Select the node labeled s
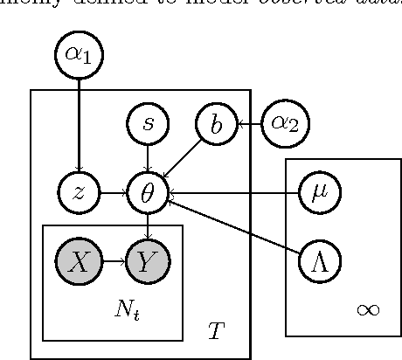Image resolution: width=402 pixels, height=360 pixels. pyautogui.click(x=148, y=125)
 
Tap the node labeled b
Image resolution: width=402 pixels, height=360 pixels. pyautogui.click(x=216, y=125)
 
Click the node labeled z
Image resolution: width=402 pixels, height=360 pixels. pyautogui.click(x=79, y=193)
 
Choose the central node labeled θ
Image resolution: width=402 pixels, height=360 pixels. pyautogui.click(x=148, y=193)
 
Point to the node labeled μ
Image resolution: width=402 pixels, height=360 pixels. pyautogui.click(x=320, y=193)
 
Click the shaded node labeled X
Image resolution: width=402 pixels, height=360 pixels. pyautogui.click(x=79, y=260)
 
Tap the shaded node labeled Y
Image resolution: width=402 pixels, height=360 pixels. pyautogui.click(x=148, y=260)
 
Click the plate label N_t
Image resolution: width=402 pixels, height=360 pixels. pyautogui.click(x=128, y=310)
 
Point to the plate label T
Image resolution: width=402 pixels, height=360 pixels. pyautogui.click(x=216, y=331)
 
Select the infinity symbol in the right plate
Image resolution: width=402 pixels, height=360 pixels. pyautogui.click(x=368, y=308)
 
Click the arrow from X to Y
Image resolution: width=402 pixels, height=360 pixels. pyautogui.click(x=113, y=260)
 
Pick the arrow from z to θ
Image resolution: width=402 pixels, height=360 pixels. pyautogui.click(x=113, y=193)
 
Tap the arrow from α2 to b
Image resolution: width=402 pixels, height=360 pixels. pyautogui.click(x=251, y=125)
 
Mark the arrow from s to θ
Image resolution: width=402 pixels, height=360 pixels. pyautogui.click(x=148, y=158)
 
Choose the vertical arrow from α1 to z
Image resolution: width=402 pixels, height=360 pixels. pyautogui.click(x=79, y=122)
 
